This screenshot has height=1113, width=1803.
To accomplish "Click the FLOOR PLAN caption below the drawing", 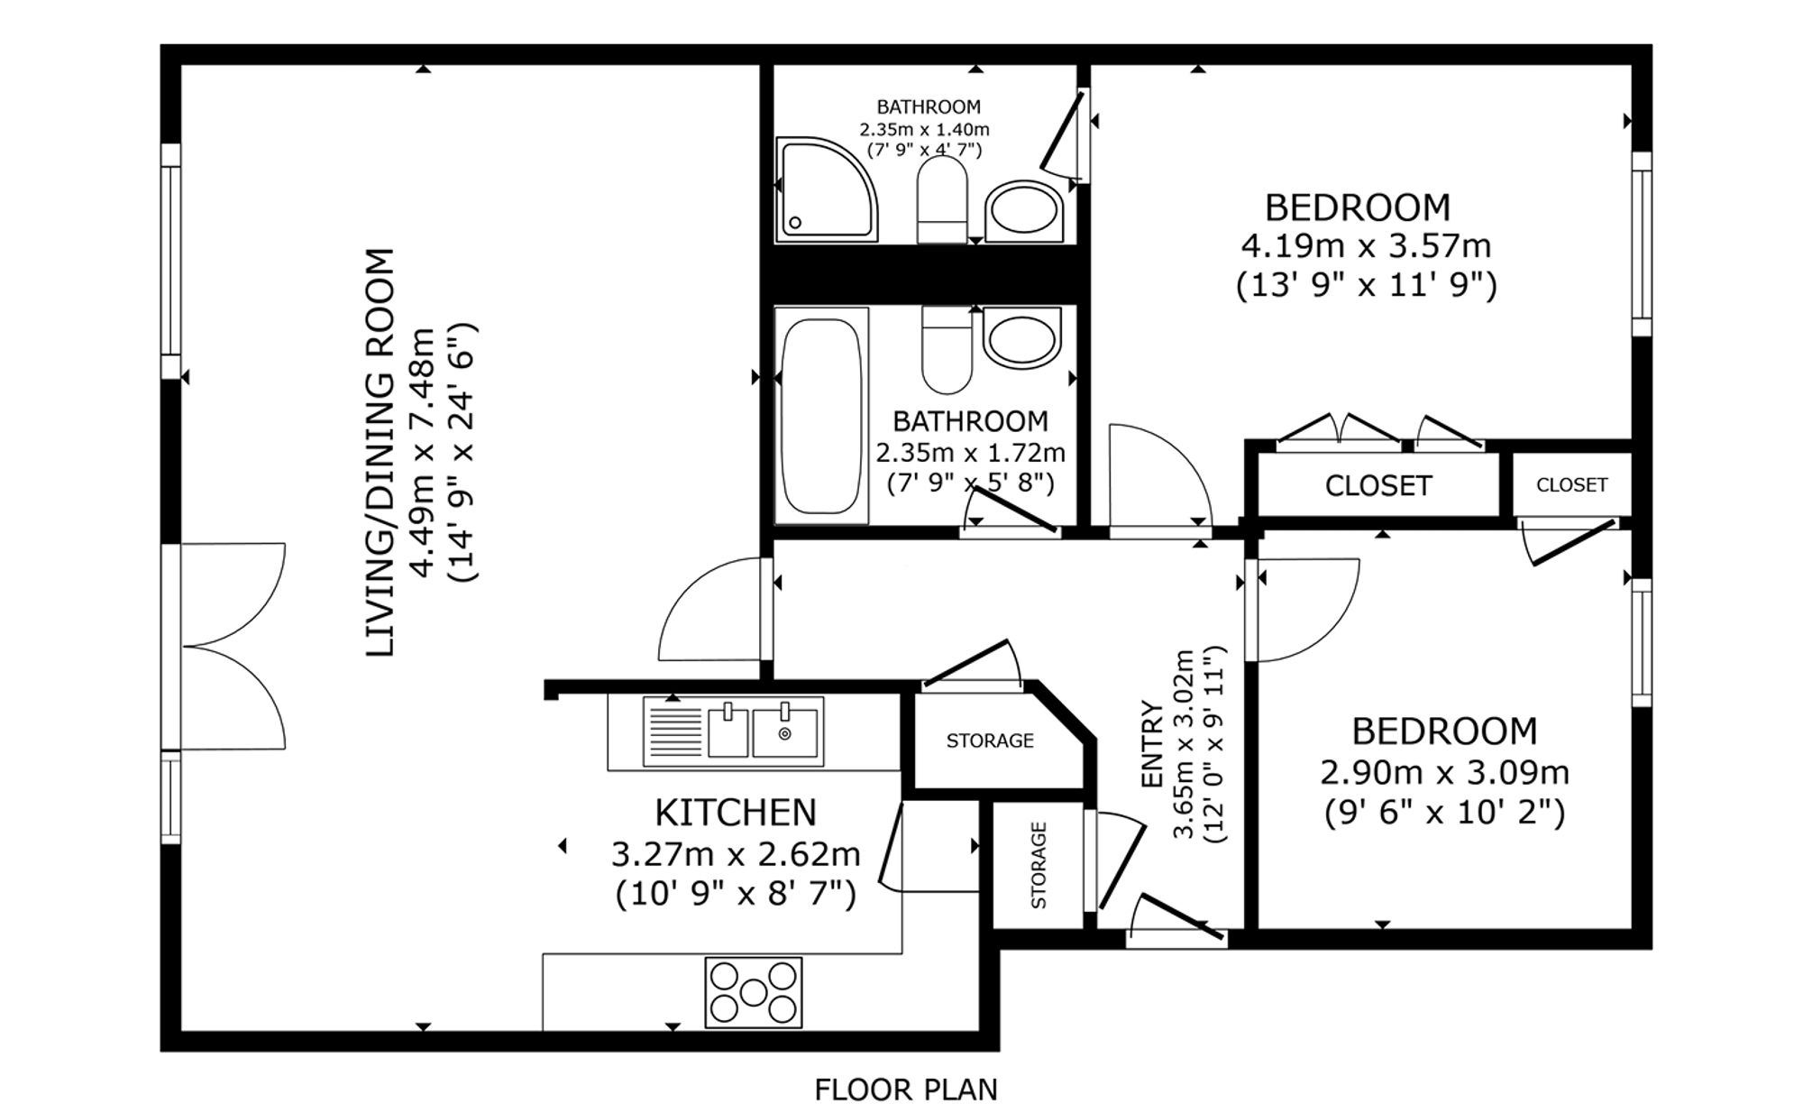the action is pos(906,1090).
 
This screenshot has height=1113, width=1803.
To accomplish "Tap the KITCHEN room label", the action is pos(736,813).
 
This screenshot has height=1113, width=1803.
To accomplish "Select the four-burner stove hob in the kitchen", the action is pos(754,992).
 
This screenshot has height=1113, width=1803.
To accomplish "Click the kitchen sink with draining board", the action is pos(733,731).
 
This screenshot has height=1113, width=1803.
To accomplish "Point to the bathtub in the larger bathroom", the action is pos(821,416).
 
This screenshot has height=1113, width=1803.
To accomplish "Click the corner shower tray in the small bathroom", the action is pos(827,189).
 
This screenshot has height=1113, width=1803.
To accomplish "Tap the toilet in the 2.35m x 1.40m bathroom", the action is pos(942,199).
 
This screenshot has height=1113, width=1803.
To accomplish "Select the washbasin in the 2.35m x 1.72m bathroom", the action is pos(1022,336).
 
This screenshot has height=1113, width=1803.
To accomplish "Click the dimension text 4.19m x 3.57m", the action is pos(1366,245).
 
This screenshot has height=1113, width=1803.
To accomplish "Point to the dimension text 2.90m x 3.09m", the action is pos(1444,773).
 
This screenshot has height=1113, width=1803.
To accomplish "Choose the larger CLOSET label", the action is pos(1378,486).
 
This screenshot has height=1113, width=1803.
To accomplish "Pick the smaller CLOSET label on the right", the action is pos(1571,485).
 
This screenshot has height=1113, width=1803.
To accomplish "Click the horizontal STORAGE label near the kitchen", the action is pos(990,740).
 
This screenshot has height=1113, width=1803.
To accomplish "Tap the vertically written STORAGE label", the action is pos(1039,865).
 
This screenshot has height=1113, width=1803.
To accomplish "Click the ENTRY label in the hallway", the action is pos(1152,744).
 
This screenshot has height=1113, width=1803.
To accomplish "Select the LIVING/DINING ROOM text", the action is pos(380,453).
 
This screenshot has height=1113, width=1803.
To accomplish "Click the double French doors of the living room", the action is pos(233,646).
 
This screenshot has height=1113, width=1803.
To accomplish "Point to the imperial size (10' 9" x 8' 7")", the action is pos(736,895).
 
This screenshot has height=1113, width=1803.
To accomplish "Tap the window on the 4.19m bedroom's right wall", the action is pos(1642,244).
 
